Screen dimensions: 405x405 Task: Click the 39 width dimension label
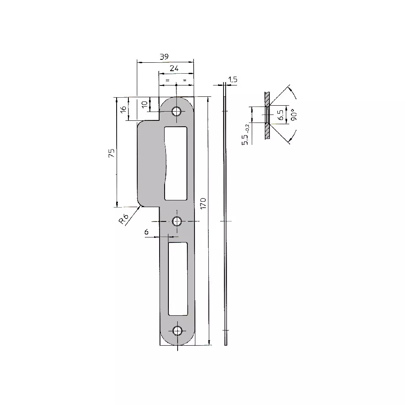tap(164, 56)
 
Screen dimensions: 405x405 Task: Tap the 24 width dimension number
tap(174, 69)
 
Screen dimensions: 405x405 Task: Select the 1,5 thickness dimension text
tap(233, 80)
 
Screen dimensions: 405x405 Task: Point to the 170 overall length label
tap(203, 203)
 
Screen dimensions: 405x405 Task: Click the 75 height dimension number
tap(112, 153)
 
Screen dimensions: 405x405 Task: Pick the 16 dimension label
tap(123, 109)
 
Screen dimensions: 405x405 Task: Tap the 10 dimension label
tap(145, 104)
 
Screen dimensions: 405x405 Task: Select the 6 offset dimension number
tap(147, 232)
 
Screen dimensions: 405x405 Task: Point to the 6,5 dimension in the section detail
tap(280, 115)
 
